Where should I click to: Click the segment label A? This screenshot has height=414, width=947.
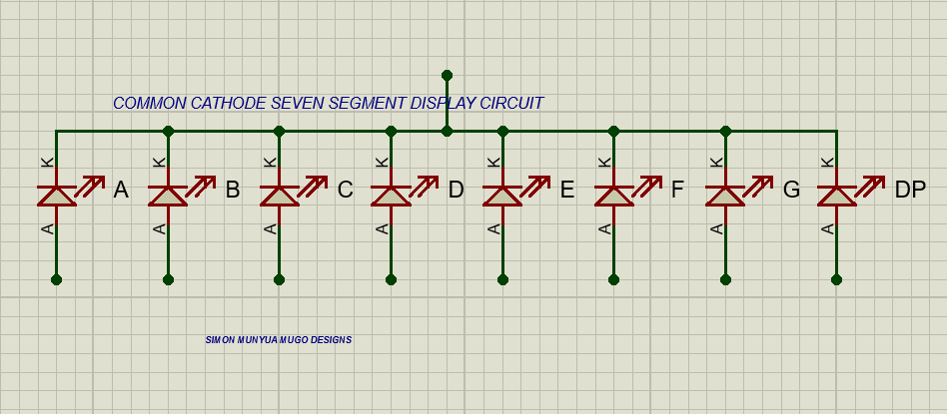121,190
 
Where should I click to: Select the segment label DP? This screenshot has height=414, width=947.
910,190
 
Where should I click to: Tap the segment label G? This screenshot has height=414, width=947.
791,190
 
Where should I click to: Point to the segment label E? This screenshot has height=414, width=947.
567,190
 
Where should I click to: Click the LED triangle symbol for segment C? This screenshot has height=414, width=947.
280,196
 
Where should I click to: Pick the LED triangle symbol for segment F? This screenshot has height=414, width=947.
614,196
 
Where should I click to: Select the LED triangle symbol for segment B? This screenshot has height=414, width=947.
168,196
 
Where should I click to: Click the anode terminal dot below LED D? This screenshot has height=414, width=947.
391,279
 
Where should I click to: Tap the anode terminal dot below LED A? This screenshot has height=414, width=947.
56,279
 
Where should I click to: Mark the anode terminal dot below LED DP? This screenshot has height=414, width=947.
836,279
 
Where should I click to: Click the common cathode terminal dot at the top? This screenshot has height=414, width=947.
447,75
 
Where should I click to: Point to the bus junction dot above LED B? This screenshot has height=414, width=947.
168,131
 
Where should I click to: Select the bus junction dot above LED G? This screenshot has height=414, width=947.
725,131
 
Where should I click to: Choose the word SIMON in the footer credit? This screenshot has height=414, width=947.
220,340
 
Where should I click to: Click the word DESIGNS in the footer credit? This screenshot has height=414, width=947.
331,340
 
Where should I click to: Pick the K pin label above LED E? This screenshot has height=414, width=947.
491,162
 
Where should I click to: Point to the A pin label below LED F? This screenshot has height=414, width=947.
603,229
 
